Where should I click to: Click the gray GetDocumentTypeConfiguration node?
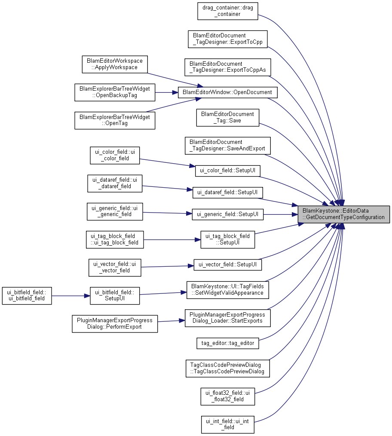343,214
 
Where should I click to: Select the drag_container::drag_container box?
227,11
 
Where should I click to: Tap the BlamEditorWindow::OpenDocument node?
227,92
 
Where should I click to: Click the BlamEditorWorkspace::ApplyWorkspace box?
115,64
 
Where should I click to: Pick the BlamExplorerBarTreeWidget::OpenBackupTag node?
115,92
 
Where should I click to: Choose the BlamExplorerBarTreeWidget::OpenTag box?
115,120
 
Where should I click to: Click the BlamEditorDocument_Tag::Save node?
227,118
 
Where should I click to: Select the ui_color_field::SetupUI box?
227,171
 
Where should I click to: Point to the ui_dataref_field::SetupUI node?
227,192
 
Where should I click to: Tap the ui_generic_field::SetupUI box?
227,214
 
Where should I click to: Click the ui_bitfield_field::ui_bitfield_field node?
27,296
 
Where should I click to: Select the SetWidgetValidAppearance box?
227,290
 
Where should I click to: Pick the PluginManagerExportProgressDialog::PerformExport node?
115,323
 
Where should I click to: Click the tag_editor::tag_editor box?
227,343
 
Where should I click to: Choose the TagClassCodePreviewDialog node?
227,369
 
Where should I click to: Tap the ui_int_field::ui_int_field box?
227,424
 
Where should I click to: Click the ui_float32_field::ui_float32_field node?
227,396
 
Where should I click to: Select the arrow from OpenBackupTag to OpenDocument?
166,92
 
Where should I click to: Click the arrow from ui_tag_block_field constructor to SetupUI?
172,240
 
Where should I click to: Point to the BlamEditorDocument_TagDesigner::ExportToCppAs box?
227,67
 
